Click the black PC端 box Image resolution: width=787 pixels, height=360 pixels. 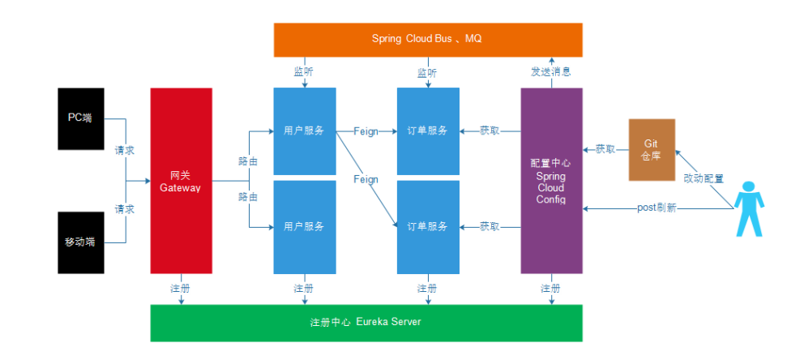click(81, 118)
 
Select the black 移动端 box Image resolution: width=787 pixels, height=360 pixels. click(81, 242)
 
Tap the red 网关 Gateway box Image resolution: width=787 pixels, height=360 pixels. click(180, 181)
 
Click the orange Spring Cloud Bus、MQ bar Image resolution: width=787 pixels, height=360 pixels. click(427, 39)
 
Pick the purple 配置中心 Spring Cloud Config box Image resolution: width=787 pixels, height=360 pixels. click(550, 181)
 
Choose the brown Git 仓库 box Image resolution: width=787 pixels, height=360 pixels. click(651, 149)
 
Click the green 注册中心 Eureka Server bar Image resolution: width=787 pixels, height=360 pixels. click(366, 322)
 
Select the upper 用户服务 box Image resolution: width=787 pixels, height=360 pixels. click(304, 131)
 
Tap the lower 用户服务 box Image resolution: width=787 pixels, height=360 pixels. click(304, 227)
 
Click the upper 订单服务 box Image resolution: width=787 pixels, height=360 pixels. click(427, 131)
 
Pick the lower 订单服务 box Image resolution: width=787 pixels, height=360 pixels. click(427, 227)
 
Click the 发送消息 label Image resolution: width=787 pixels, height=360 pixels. click(550, 72)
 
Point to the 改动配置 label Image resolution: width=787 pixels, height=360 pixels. click(703, 178)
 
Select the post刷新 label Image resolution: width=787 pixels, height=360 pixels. click(657, 208)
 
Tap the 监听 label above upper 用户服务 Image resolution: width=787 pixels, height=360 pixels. click(304, 72)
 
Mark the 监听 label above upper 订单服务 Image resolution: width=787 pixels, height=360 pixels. click(427, 72)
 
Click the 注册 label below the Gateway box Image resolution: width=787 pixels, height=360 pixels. click(180, 288)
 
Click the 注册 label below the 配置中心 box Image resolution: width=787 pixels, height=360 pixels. click(550, 288)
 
